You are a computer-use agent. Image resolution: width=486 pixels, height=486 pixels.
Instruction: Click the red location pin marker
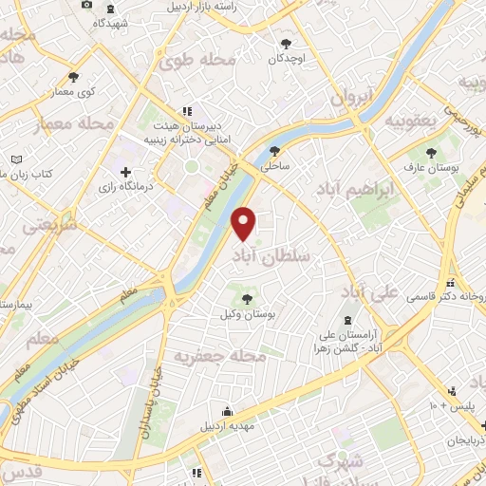click(245, 222)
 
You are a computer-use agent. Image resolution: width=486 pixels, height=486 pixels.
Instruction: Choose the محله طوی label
click(196, 61)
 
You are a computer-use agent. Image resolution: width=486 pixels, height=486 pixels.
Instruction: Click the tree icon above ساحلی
click(275, 150)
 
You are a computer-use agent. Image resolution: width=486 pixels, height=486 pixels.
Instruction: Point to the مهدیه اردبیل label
click(228, 426)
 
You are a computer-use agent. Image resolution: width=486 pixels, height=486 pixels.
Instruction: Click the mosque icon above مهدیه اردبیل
click(227, 411)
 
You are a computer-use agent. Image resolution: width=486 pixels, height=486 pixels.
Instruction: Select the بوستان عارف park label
click(433, 168)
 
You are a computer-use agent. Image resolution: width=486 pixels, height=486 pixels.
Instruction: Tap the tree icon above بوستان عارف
click(432, 151)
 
